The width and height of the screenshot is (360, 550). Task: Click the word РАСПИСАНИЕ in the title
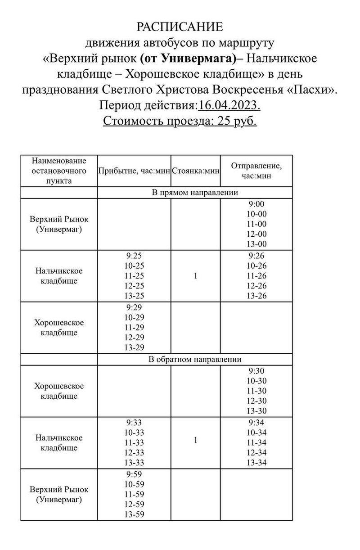point(180,27)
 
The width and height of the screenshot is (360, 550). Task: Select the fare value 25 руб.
point(237,121)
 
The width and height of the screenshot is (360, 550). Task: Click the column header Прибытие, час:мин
point(134,171)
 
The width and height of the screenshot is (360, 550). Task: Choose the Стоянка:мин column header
point(195,171)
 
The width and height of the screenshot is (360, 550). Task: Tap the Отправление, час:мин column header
point(256,171)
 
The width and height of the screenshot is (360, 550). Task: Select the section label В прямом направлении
point(195,193)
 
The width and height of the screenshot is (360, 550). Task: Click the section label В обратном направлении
point(195,360)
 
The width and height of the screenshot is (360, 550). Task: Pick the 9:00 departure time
point(256,204)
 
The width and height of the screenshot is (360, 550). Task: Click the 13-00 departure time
point(256,244)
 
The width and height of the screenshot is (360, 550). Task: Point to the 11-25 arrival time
point(134,276)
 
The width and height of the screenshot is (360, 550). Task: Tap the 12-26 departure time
point(256,286)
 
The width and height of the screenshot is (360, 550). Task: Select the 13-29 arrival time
point(134,347)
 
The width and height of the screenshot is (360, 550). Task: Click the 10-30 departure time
point(256,381)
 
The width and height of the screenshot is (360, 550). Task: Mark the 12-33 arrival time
point(134,453)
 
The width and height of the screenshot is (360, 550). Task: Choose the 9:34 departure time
point(256,423)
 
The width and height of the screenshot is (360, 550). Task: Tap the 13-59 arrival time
point(134,514)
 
